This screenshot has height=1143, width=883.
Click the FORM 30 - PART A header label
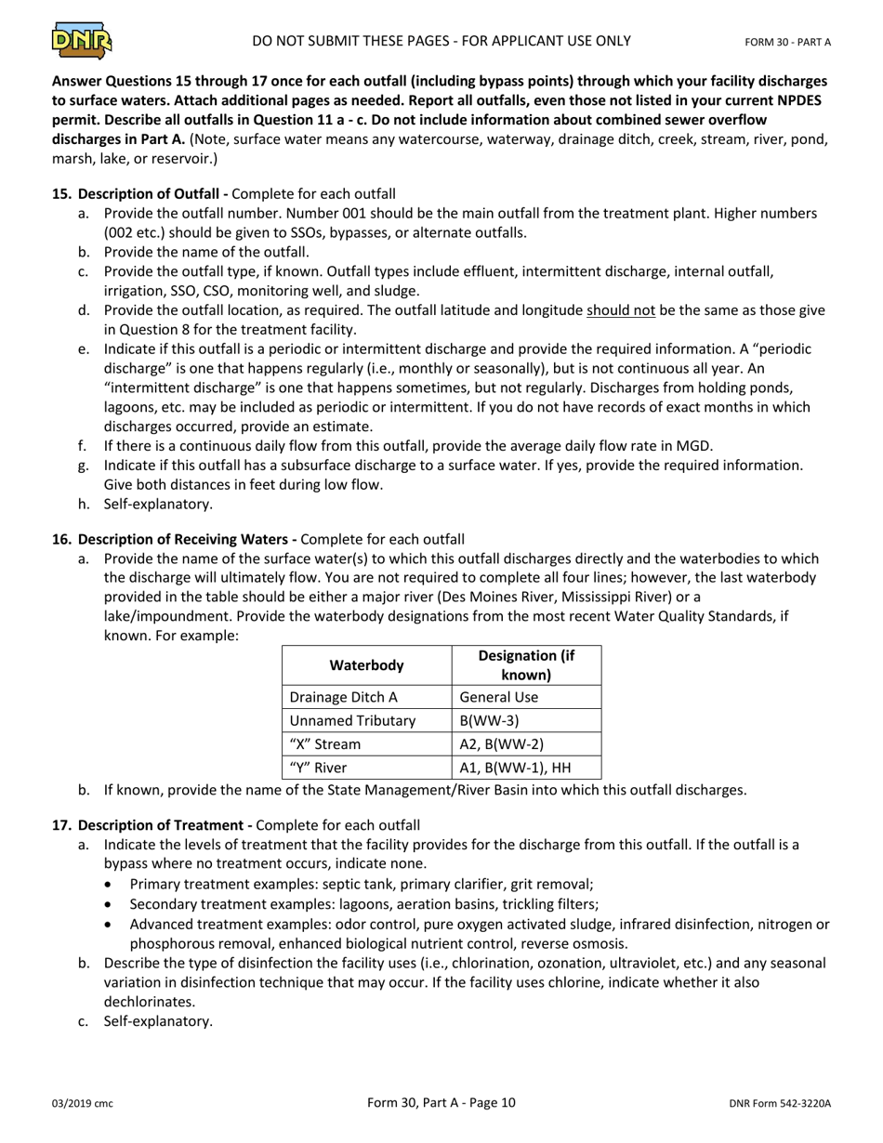pos(787,42)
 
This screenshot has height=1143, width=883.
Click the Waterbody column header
pos(366,665)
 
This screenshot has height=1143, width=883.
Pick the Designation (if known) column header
pos(526,665)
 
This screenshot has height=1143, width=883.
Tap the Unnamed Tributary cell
pos(352,721)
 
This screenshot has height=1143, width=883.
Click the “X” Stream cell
pos(325,744)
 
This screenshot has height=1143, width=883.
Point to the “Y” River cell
pos(318,768)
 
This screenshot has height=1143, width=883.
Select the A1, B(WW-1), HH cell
pos(515,768)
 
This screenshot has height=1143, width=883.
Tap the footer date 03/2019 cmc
pos(82,1104)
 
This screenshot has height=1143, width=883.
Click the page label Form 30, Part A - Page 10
pos(441,1103)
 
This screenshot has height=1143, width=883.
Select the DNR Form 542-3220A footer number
pos(780,1104)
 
